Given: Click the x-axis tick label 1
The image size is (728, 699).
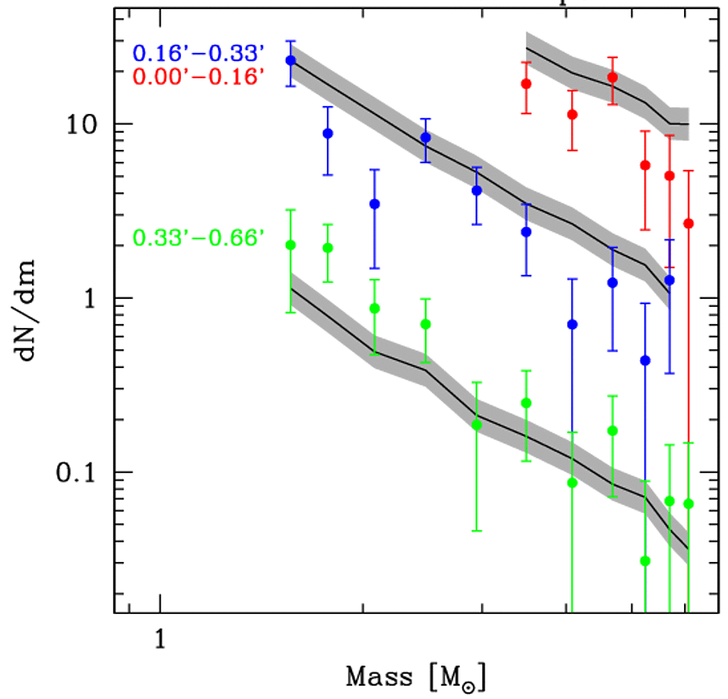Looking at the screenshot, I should [159, 639].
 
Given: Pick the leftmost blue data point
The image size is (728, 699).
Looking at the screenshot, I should [290, 60].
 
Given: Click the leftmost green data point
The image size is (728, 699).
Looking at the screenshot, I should [290, 245].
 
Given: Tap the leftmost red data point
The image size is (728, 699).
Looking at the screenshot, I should [526, 83].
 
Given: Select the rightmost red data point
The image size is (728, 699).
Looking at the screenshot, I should [689, 224].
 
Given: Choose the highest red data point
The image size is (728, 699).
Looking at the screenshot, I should [613, 77].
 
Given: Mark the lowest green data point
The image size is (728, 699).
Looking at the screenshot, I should [645, 561].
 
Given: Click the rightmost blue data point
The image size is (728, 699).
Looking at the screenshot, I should [669, 280].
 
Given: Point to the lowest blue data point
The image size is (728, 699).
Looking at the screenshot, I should [645, 361].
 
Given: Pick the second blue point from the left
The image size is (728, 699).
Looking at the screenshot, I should [328, 133].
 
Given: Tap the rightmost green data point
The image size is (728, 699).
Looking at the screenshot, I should [689, 504].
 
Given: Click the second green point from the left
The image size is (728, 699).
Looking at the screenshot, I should [328, 247].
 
